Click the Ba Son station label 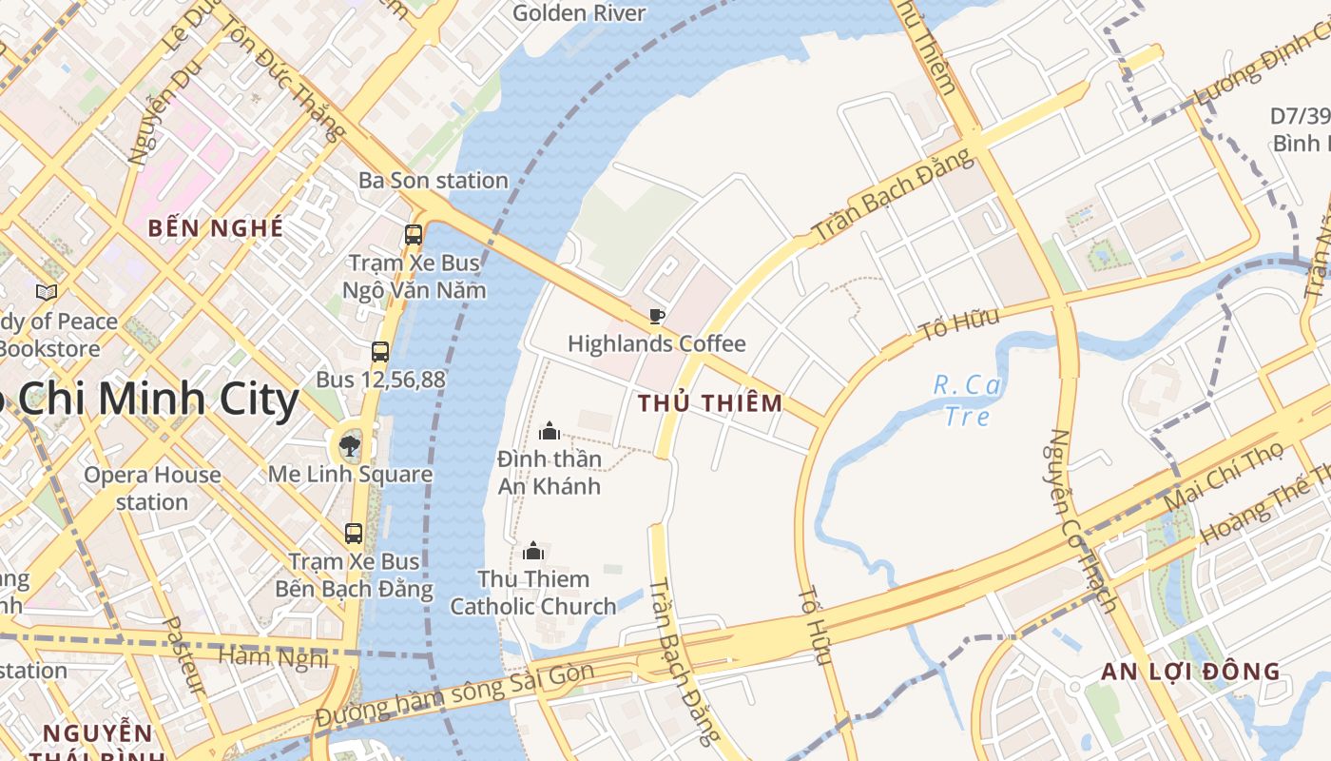433,180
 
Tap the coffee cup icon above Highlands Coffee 656,316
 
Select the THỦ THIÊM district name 710,402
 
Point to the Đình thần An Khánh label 550,472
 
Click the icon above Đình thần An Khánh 549,432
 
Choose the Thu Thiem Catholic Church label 533,592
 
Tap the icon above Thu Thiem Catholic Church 533,551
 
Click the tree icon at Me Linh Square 350,445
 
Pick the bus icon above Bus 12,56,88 380,352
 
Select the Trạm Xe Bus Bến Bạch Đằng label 354,575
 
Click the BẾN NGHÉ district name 216,228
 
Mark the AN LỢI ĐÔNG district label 1190,672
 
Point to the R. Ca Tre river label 968,400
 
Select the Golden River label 578,13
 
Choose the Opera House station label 152,488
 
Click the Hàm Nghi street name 273,656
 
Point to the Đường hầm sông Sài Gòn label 455,696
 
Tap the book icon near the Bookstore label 46,292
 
